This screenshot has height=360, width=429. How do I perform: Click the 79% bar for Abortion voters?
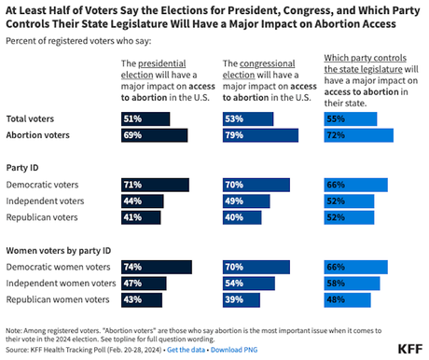(x=261, y=135)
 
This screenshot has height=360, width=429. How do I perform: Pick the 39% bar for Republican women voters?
(x=242, y=299)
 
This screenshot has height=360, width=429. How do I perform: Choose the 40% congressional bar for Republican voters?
(x=242, y=217)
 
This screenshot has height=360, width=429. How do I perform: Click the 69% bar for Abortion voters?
(x=155, y=135)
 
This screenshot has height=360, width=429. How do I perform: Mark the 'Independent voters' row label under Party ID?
(x=46, y=201)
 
